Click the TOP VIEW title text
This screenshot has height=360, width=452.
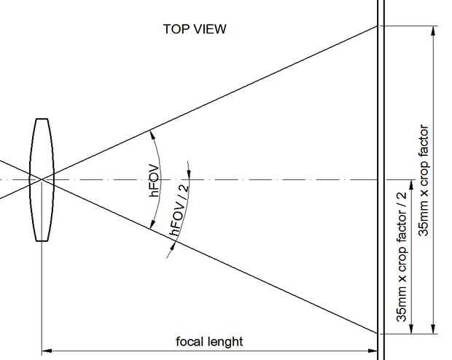click(x=195, y=29)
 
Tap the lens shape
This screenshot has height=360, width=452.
click(x=42, y=179)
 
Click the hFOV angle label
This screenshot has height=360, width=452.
click(x=155, y=181)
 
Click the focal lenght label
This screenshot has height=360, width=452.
click(x=209, y=342)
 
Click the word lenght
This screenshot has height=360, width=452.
click(x=225, y=342)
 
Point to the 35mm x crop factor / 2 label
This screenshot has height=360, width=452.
click(x=402, y=257)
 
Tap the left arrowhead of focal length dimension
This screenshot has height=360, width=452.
click(x=47, y=351)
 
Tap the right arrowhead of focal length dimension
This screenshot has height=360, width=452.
click(x=373, y=351)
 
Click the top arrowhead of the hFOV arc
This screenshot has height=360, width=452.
click(x=152, y=135)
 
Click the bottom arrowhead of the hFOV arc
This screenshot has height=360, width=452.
click(x=152, y=224)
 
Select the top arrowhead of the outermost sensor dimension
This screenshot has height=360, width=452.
click(x=433, y=31)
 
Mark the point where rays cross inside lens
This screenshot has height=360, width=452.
click(x=42, y=179)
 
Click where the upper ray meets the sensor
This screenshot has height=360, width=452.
click(x=378, y=26)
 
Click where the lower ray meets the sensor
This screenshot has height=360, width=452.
click(x=378, y=334)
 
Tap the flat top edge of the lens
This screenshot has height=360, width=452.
click(x=42, y=119)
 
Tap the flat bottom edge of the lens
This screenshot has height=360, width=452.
click(x=42, y=240)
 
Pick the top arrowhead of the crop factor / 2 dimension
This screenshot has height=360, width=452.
click(x=411, y=185)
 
